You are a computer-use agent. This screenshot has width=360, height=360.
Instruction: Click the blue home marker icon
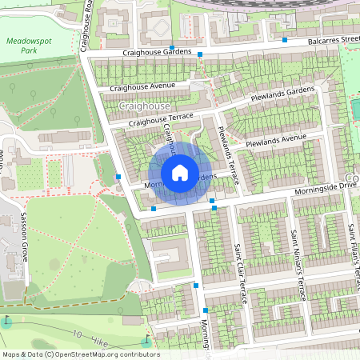pyautogui.click(x=180, y=172)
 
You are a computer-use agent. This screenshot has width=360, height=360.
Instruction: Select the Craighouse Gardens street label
pyautogui.click(x=157, y=52)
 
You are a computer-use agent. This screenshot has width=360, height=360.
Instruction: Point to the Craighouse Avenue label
pyautogui.click(x=142, y=86)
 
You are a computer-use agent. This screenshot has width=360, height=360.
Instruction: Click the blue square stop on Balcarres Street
pyautogui.click(x=285, y=39)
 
